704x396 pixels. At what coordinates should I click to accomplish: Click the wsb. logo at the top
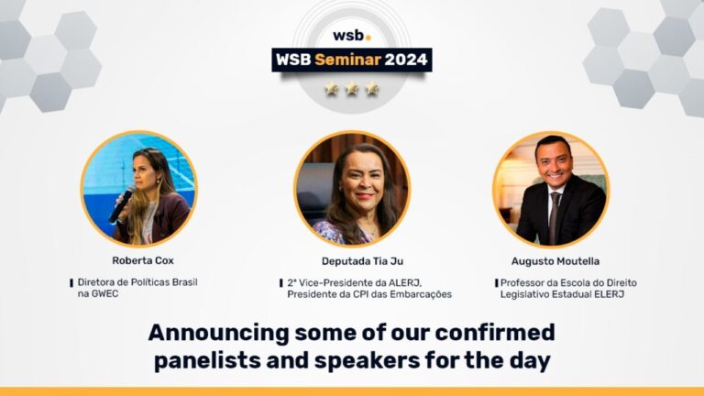(x=351, y=36)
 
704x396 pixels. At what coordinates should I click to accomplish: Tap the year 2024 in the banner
(x=406, y=60)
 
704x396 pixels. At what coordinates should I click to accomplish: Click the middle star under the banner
(x=352, y=90)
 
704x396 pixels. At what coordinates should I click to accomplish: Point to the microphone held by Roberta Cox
(x=120, y=207)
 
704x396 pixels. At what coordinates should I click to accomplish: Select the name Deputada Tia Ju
(x=352, y=260)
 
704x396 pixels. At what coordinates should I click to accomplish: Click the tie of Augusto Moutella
(x=555, y=217)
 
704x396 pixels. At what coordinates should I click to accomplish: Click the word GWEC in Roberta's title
(x=109, y=294)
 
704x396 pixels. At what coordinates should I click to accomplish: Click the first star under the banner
(x=332, y=90)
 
